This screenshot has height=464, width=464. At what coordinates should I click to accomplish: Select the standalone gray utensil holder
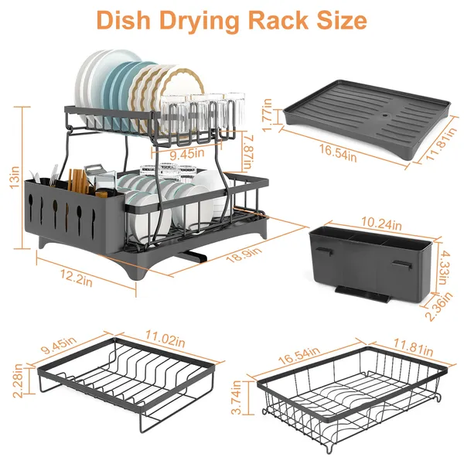click(x=367, y=263)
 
